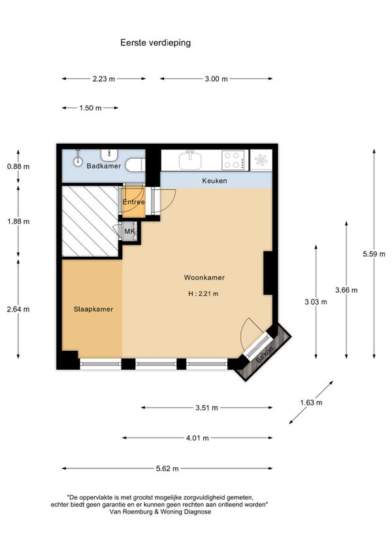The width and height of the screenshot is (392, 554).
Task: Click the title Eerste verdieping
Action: coord(155,42)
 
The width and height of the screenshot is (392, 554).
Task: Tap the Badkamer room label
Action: coord(104,166)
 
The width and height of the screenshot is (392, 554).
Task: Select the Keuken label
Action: coord(214,180)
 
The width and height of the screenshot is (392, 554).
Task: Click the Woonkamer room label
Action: coord(204,278)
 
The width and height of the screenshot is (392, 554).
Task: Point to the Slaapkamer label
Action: coord(93,309)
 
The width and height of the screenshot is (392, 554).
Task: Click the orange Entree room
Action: coord(134,202)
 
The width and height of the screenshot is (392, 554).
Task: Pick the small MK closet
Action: coord(129,231)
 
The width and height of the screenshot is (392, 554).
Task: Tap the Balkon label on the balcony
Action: coord(265,354)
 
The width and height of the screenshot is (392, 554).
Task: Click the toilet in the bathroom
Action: coord(136,165)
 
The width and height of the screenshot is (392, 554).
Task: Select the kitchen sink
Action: coord(191,160)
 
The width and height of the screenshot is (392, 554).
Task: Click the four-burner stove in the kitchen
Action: coord(233,159)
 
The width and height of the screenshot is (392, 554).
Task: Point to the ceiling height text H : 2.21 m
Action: coord(203,293)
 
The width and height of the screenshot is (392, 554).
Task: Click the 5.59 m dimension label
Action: coord(374,253)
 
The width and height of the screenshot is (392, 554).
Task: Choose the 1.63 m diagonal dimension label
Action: coord(311,402)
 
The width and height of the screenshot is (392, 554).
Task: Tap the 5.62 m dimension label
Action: coord(167,468)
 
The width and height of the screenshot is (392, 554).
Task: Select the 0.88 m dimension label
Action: coord(18,167)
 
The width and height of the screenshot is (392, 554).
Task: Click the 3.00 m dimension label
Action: coord(216,79)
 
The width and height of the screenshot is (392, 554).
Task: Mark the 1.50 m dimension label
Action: coord(91,108)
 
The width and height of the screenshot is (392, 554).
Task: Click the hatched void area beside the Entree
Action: coord(90,221)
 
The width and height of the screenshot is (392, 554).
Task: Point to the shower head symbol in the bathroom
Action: coord(78,160)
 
